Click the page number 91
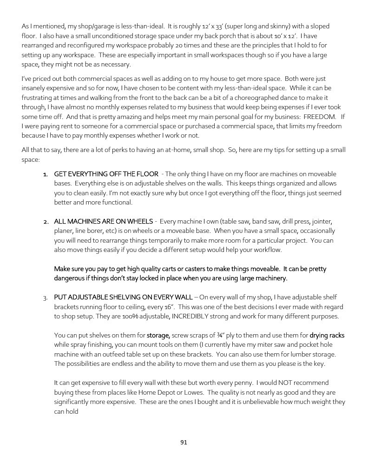pos(184,442)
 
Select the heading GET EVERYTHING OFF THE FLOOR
pos(106,174)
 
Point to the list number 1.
pos(46,174)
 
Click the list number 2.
pos(46,221)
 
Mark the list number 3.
pos(46,297)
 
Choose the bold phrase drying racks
pos(327,335)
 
